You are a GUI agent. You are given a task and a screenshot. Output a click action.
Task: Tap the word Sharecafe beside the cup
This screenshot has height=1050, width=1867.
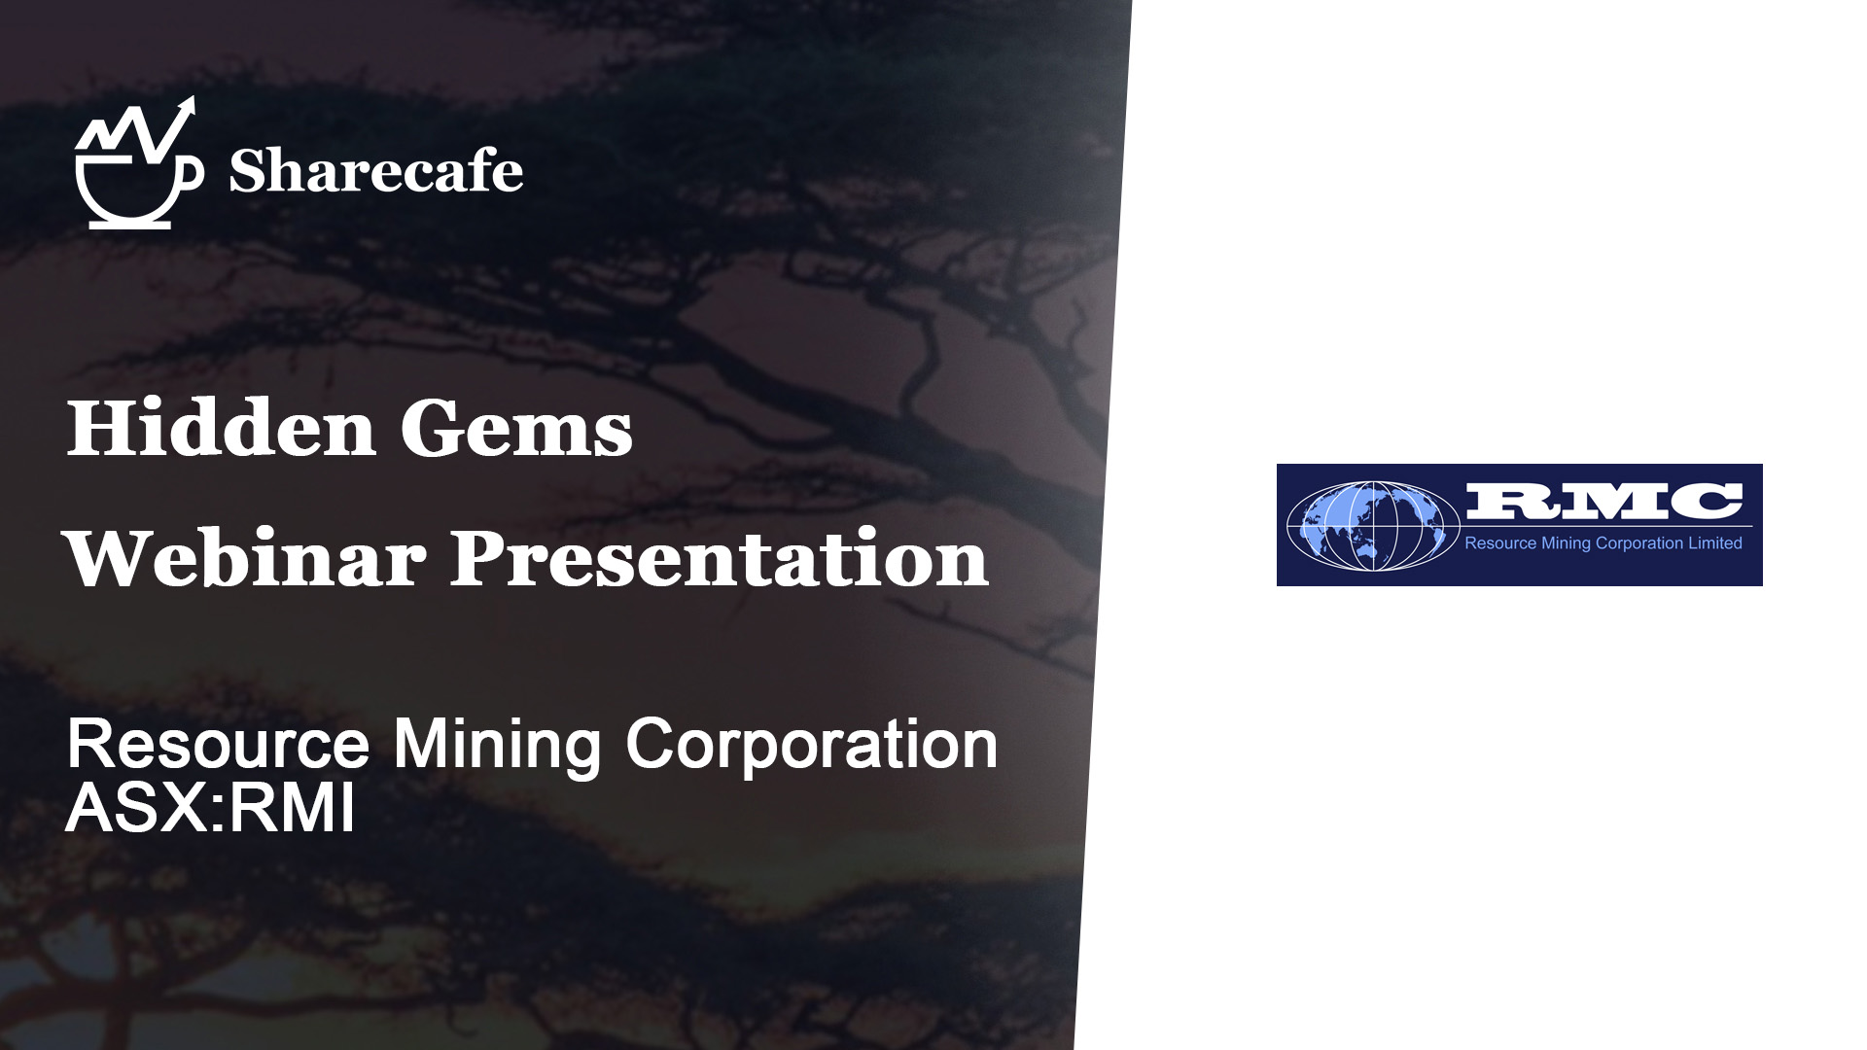pos(375,172)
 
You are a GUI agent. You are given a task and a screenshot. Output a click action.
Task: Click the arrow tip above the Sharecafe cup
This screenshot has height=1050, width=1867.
pos(191,101)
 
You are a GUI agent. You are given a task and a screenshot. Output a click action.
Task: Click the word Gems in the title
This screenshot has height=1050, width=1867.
pos(516,429)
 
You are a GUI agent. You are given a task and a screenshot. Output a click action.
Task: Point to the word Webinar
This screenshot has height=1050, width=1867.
pos(244,559)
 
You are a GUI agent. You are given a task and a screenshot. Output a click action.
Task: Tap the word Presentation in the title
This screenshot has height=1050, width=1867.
pos(720,559)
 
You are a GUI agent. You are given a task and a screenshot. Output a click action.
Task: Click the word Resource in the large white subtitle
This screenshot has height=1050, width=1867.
pos(218,745)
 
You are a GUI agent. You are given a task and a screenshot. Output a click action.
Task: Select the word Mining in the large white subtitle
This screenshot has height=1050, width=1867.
pos(498,747)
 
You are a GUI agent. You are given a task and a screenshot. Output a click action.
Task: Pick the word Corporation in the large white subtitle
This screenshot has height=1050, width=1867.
pos(812,745)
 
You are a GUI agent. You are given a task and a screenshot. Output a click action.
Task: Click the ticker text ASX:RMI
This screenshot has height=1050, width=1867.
pos(210,808)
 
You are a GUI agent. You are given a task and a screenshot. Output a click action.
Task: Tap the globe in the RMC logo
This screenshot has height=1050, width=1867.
pos(1373,526)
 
